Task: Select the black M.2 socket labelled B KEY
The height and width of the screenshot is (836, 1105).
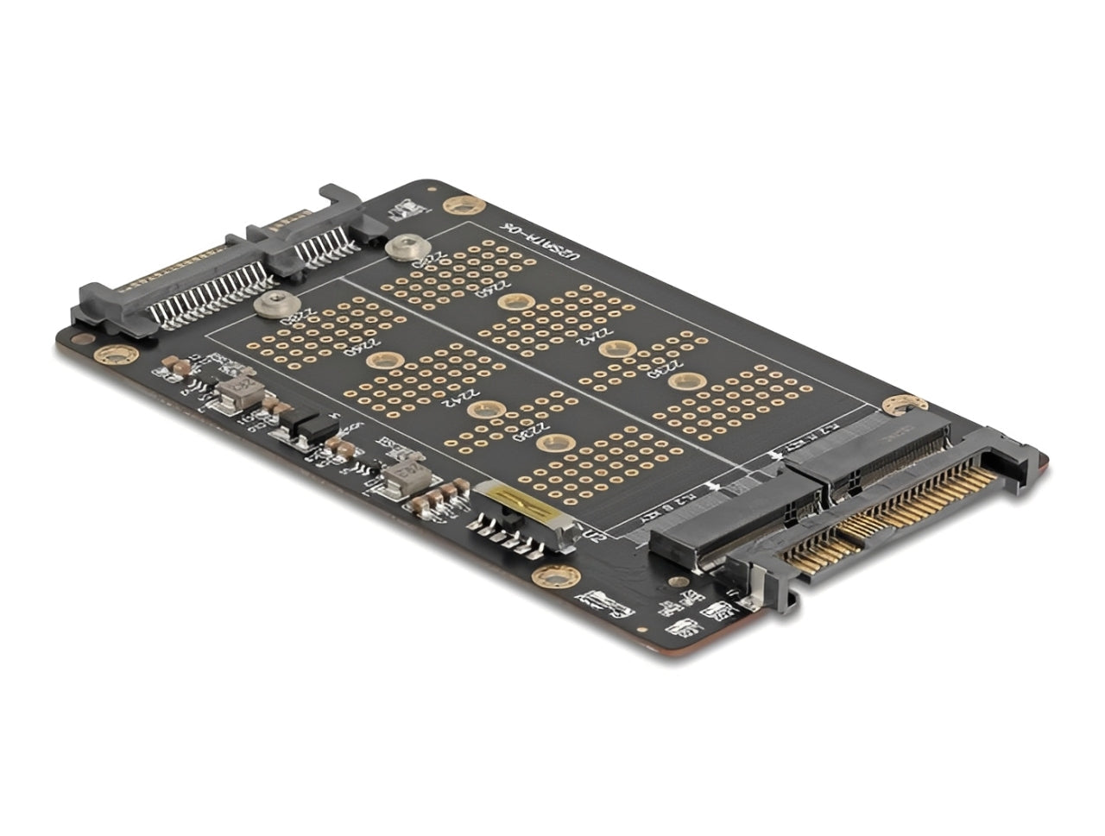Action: [x=734, y=526]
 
